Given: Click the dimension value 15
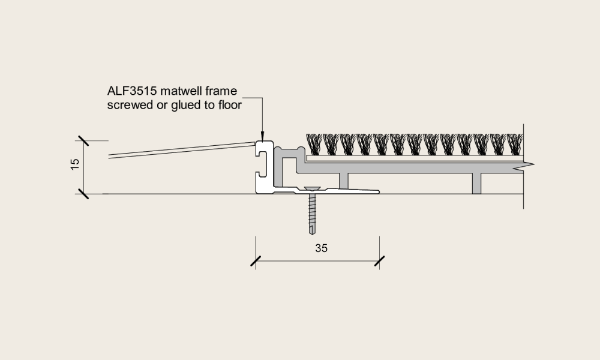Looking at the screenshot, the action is pyautogui.click(x=75, y=164).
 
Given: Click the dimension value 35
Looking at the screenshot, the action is pyautogui.click(x=322, y=248).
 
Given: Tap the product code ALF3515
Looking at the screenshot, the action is pyautogui.click(x=132, y=91).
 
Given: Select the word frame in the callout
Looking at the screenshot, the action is pyautogui.click(x=221, y=91).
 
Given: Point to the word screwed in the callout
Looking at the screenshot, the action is pyautogui.click(x=130, y=105).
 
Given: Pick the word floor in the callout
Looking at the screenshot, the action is pyautogui.click(x=230, y=105).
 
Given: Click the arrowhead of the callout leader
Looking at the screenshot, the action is pyautogui.click(x=262, y=136).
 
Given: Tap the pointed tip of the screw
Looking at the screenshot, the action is pyautogui.click(x=312, y=233).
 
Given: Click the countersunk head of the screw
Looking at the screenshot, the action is pyautogui.click(x=312, y=188).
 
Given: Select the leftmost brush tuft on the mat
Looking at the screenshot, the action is pyautogui.click(x=314, y=144).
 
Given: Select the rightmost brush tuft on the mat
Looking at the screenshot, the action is pyautogui.click(x=515, y=144).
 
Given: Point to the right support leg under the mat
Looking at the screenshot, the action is pyautogui.click(x=476, y=183).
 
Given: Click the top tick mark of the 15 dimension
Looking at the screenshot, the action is pyautogui.click(x=83, y=141).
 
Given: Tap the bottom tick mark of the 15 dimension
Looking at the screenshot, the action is pyautogui.click(x=83, y=194).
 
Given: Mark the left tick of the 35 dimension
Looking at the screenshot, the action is pyautogui.click(x=256, y=261).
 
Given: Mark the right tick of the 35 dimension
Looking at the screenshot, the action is pyautogui.click(x=380, y=261).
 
